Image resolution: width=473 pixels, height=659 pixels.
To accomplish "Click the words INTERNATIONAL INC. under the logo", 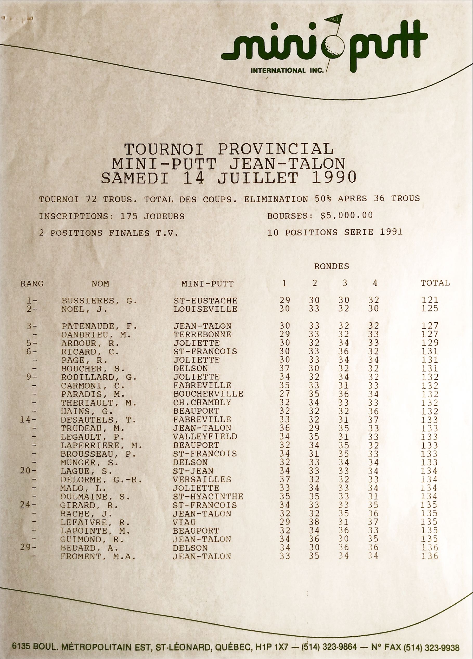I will click(x=287, y=71).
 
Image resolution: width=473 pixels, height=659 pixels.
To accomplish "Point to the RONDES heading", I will click(x=331, y=266).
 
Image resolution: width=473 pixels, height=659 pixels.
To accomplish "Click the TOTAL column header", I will click(x=435, y=283).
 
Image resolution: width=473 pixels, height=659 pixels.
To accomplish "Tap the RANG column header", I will click(x=32, y=284).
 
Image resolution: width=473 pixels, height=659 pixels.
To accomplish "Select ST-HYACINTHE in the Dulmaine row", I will click(x=208, y=497).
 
